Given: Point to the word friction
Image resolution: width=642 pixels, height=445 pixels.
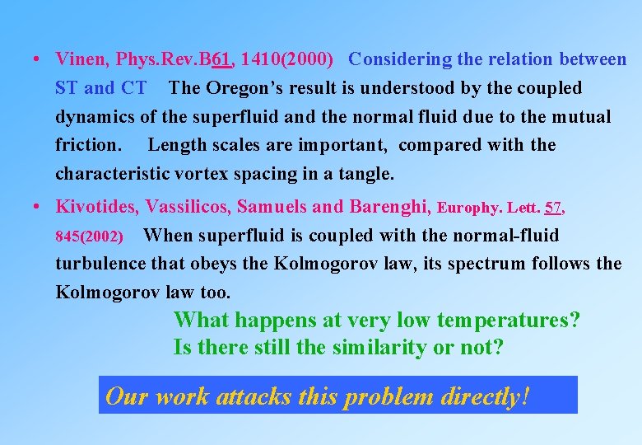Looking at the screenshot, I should [87, 146].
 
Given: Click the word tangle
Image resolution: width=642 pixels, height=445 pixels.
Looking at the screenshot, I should [369, 175].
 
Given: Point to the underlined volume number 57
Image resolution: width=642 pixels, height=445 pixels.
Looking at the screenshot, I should [554, 207].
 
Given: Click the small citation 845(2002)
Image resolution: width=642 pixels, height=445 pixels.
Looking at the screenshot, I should [89, 237].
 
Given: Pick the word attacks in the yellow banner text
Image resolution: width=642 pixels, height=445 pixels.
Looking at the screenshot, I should [254, 396].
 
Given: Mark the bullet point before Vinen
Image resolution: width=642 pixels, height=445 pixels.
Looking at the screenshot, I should [38, 60].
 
